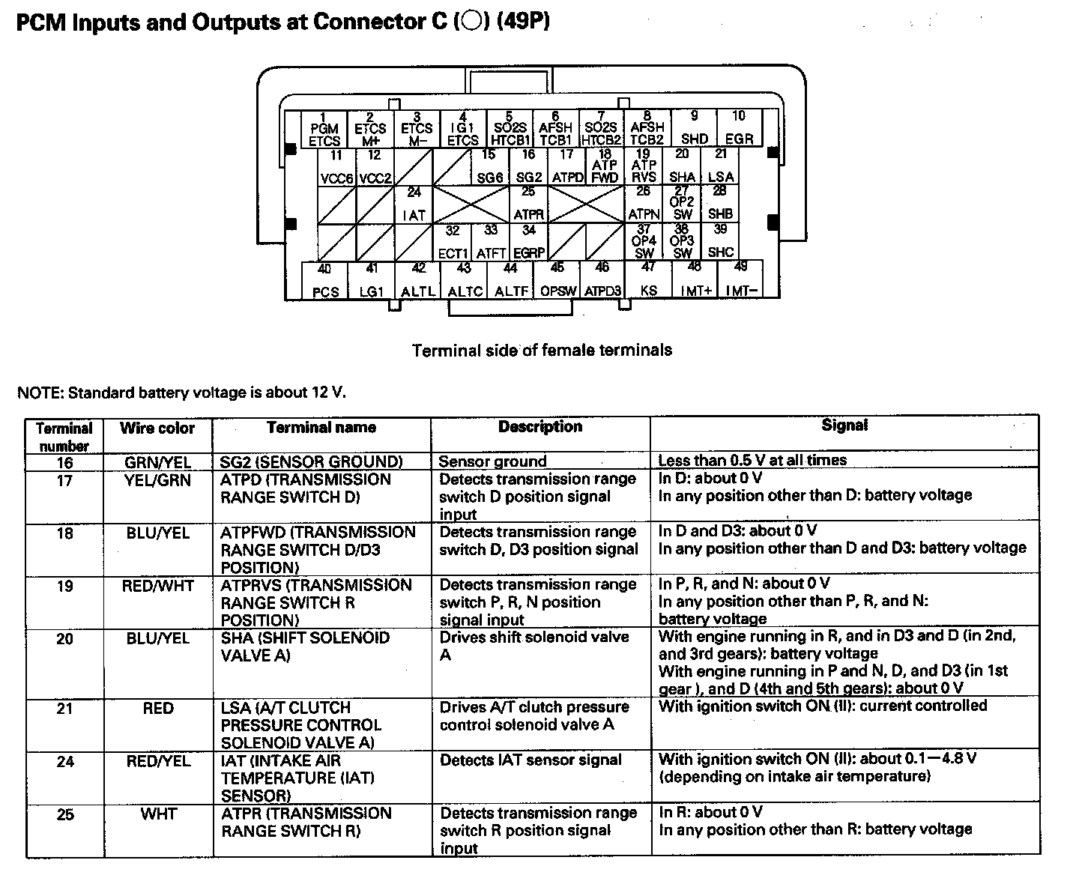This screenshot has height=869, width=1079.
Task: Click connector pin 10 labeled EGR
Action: click(x=739, y=128)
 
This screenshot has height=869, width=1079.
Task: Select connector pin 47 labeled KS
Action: click(x=649, y=279)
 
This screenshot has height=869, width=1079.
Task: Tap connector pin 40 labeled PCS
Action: click(x=324, y=280)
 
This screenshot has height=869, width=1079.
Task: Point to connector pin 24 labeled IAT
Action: click(x=414, y=205)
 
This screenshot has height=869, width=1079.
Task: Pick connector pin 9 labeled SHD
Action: click(x=695, y=128)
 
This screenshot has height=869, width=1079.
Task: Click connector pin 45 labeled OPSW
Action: click(x=557, y=279)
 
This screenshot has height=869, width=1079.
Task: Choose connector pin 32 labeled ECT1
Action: click(x=453, y=242)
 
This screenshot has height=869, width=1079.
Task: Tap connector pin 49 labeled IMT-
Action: click(x=741, y=279)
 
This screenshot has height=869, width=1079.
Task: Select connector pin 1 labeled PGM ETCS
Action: click(x=324, y=129)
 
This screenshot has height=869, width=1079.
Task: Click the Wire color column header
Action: click(x=157, y=429)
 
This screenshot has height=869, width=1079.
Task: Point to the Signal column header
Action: click(x=844, y=426)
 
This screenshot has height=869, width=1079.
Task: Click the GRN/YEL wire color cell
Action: click(x=157, y=462)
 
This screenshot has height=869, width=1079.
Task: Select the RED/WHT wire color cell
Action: click(x=157, y=586)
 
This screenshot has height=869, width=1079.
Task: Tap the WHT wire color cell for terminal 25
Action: click(x=158, y=814)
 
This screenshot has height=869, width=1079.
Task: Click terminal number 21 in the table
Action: click(x=65, y=709)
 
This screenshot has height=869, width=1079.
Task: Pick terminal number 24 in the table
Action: click(x=65, y=762)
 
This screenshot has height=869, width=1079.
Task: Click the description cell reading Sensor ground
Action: click(x=492, y=461)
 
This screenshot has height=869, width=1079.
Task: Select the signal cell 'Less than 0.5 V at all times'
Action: click(x=752, y=461)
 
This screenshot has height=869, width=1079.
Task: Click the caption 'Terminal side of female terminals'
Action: click(x=542, y=350)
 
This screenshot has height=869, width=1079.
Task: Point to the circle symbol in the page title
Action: click(x=471, y=22)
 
